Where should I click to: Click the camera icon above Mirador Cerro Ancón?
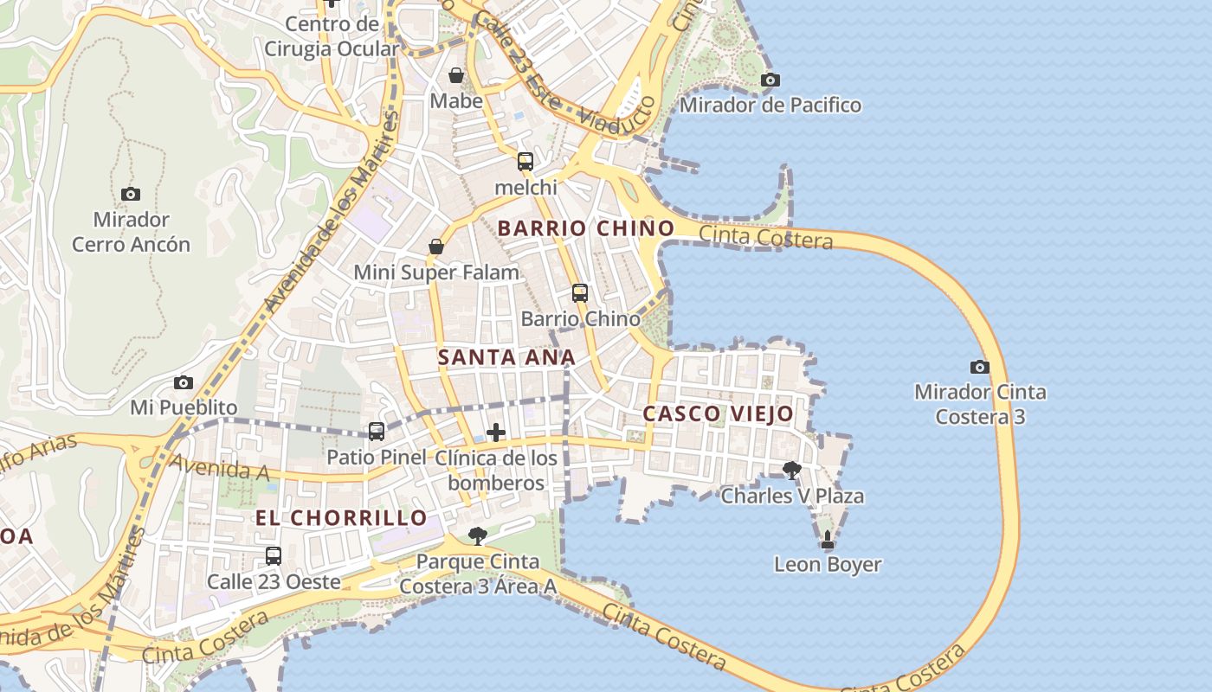point(131,195)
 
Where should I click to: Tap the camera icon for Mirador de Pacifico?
point(770,80)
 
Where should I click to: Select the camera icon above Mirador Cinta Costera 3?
point(980,367)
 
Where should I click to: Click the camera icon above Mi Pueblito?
point(184,382)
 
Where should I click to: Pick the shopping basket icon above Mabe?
point(456,75)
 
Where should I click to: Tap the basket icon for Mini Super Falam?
point(436,247)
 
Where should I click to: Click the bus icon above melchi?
point(525,162)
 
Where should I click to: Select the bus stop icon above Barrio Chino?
point(580,293)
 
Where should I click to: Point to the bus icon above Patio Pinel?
point(377,431)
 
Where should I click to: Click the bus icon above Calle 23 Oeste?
point(274,556)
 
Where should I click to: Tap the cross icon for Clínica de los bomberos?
point(496,432)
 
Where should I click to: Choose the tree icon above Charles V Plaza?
point(791,471)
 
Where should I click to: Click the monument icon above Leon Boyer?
point(828,540)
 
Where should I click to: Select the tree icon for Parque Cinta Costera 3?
point(477,535)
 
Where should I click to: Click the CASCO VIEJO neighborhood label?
point(718,413)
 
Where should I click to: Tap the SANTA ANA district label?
point(506,357)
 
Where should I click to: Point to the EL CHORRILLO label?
point(341,518)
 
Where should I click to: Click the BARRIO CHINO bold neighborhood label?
point(586,228)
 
